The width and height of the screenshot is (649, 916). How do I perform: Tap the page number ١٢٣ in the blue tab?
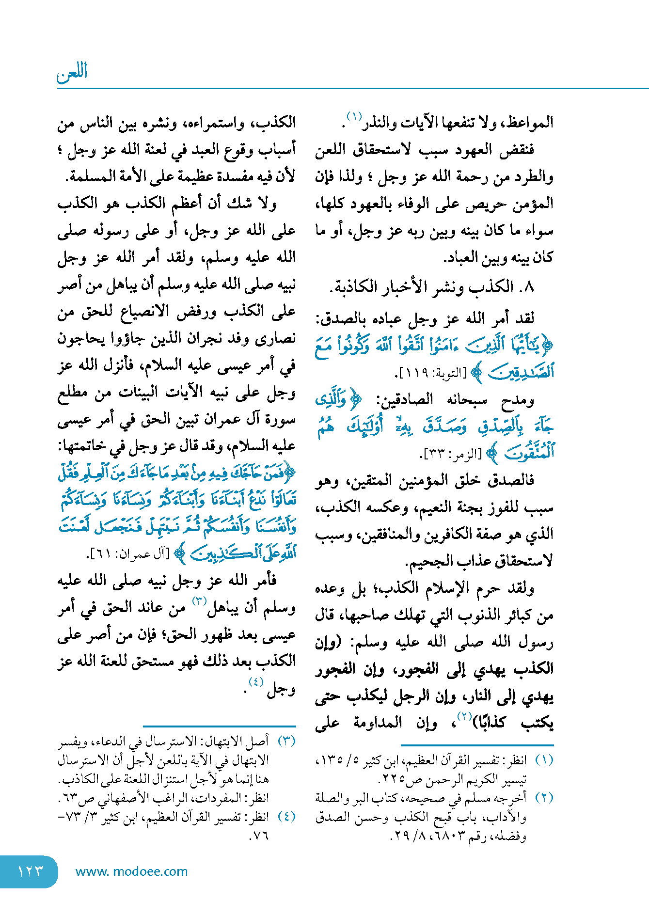[x=30, y=871]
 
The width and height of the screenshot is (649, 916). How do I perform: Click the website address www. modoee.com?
[x=131, y=871]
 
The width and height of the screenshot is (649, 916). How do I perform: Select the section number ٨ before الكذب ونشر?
[x=529, y=287]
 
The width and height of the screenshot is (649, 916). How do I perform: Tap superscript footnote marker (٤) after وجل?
[x=255, y=682]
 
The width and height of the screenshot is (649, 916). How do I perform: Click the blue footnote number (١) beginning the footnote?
[x=544, y=760]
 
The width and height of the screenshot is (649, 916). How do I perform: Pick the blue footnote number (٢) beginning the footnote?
[x=544, y=798]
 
